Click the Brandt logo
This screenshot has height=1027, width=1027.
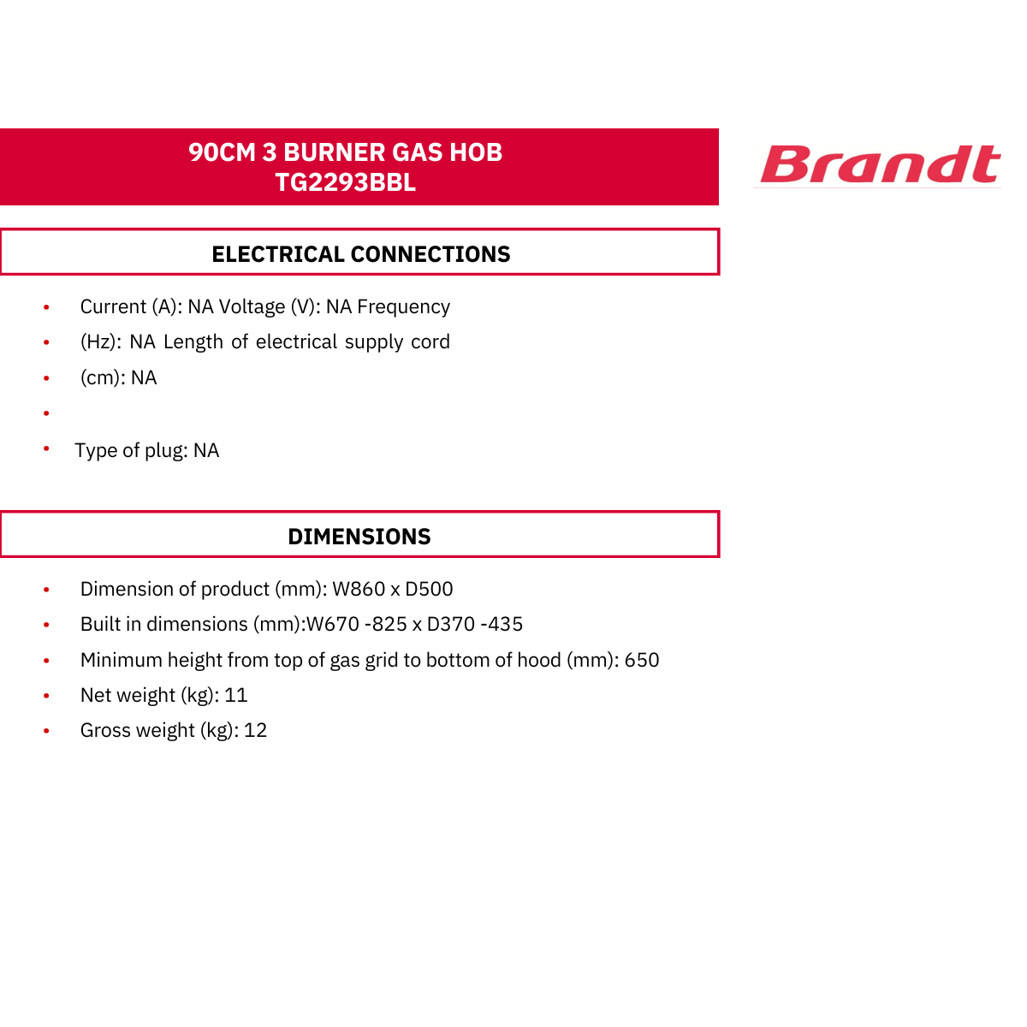pos(879,164)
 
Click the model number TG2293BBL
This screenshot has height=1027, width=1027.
pos(345,182)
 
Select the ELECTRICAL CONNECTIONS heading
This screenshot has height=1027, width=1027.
pos(361,254)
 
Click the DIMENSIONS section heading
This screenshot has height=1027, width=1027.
pos(359,537)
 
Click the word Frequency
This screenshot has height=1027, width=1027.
pos(403,307)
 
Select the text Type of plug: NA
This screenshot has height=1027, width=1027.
pos(146,451)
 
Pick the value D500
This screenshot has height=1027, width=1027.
pos(429,589)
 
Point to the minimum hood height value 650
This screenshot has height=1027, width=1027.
pos(642,661)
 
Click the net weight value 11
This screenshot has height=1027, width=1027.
pos(235,696)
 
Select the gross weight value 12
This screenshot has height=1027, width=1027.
pos(255,730)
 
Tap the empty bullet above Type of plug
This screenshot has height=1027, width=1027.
pos(46,413)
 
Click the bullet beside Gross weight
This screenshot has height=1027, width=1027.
pos(46,731)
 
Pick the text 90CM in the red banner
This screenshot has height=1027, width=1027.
pos(222,151)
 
